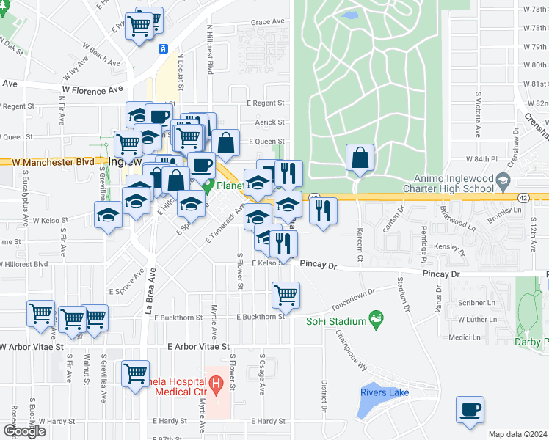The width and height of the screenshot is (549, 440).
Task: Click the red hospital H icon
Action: click(216, 384)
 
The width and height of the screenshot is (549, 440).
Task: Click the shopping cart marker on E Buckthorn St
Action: click(286, 296)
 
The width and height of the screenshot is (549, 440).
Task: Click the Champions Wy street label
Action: click(351, 348)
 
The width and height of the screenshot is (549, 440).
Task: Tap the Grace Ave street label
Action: click(267, 22)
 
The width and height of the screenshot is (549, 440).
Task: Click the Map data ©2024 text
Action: click(517, 434)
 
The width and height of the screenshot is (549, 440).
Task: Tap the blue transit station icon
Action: click(163, 48)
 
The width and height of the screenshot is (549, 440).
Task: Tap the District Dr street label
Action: click(323, 396)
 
